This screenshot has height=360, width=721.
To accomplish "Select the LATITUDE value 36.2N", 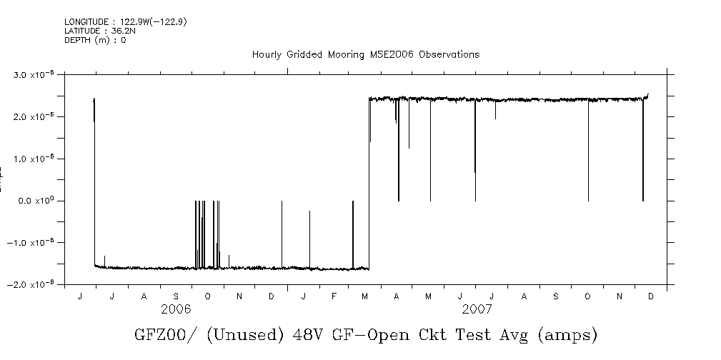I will point(117,31).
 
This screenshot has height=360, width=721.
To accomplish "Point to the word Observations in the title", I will point(449,55).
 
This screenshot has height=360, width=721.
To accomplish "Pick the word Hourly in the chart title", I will point(268,55).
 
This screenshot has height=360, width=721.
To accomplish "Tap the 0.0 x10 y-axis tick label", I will point(36,201).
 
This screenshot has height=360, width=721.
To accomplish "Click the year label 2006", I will point(176,309).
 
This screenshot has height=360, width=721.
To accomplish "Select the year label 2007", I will point(477,309).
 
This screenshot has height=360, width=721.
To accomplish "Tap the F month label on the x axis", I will point(334,296).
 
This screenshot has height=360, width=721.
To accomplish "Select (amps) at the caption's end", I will point(567,335).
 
